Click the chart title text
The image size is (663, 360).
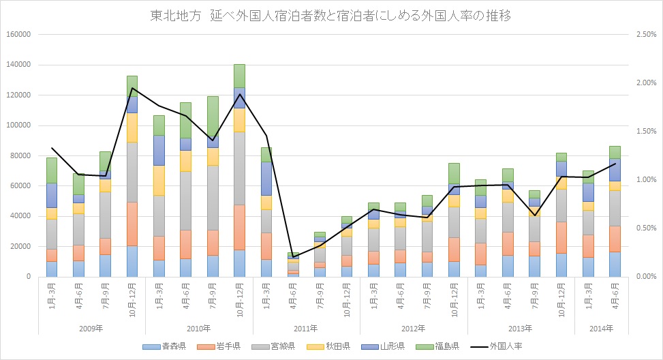click(330, 16)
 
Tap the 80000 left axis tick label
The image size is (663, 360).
click(18, 155)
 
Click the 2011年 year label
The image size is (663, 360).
click(306, 328)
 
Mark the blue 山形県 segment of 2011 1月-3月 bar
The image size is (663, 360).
click(266, 178)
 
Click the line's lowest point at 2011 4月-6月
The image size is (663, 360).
click(293, 256)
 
